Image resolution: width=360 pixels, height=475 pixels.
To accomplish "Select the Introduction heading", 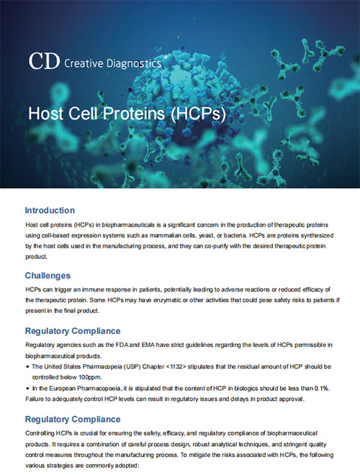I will pos(60,210).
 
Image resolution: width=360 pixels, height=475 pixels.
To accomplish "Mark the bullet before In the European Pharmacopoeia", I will pos(27,387).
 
